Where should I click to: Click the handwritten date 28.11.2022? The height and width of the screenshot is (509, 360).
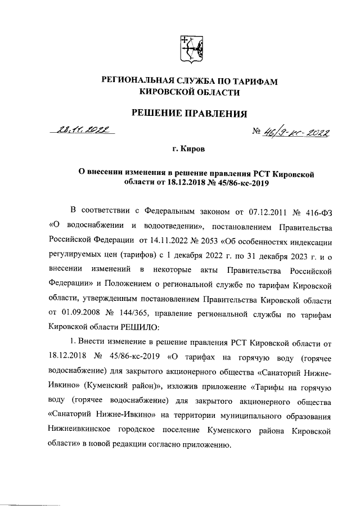coord(83,130)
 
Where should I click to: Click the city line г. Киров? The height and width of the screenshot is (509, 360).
coord(189,150)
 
